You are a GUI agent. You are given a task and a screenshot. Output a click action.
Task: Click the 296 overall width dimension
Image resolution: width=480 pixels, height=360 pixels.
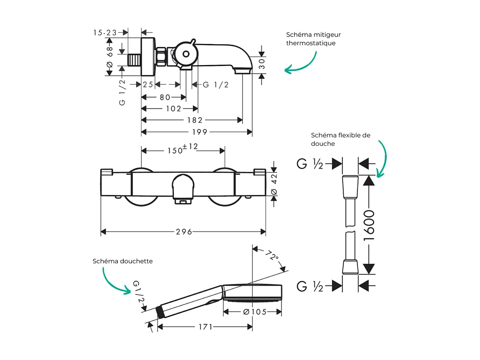pyautogui.click(x=184, y=232)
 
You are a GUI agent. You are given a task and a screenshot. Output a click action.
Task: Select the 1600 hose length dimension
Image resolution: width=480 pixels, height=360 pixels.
pyautogui.click(x=369, y=225)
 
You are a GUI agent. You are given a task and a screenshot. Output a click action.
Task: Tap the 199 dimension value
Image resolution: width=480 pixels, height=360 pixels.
pyautogui.click(x=199, y=132)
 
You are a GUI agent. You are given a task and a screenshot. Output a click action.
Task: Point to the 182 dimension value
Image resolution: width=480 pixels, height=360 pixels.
pyautogui.click(x=195, y=120)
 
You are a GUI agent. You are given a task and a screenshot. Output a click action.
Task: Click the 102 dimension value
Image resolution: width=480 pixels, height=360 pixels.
pyautogui.click(x=174, y=108)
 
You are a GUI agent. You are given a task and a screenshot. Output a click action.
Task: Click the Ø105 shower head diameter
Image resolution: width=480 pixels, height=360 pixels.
pyautogui.click(x=254, y=312)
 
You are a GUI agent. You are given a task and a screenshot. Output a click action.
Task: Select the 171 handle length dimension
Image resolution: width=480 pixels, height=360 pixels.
pyautogui.click(x=205, y=327)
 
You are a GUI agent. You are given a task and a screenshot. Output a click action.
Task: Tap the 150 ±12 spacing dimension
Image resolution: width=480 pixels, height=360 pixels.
pyautogui.click(x=183, y=149)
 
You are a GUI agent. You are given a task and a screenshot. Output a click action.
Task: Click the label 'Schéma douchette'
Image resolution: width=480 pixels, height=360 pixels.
pyautogui.click(x=123, y=261)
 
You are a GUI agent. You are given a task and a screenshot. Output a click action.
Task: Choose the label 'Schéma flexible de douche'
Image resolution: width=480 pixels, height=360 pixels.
pyautogui.click(x=340, y=139)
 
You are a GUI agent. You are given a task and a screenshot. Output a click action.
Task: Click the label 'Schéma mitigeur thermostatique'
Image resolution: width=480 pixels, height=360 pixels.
pyautogui.click(x=313, y=39)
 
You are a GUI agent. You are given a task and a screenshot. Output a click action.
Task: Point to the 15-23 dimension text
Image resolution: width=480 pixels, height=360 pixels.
pyautogui.click(x=105, y=33)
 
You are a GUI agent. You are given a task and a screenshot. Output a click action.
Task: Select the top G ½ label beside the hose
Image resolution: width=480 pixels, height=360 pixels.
pyautogui.click(x=310, y=164)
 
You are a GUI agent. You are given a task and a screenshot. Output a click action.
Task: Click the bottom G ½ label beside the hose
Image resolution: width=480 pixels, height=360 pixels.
pyautogui.click(x=310, y=286)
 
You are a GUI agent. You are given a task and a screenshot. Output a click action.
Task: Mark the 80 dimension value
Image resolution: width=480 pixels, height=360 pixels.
pyautogui.click(x=165, y=97)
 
